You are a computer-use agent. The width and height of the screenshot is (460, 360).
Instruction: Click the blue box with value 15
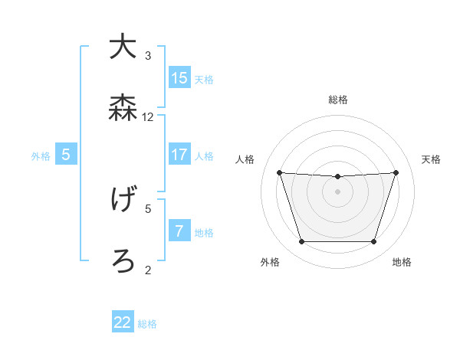(x=179, y=78)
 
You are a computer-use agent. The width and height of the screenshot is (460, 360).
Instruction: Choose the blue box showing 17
(x=179, y=155)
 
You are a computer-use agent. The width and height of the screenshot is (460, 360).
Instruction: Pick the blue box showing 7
(x=179, y=231)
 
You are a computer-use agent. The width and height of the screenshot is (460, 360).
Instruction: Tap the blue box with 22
(x=123, y=322)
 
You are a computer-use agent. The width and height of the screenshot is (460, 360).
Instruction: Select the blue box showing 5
(x=66, y=155)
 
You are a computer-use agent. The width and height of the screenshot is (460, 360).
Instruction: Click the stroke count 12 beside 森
(x=148, y=117)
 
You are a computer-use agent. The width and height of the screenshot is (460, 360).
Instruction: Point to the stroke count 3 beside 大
(x=148, y=56)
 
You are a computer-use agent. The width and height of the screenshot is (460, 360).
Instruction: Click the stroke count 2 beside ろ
(x=148, y=270)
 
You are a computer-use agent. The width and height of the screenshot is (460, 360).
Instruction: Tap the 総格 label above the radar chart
(x=337, y=100)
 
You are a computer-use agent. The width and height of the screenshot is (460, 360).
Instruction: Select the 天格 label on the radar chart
(x=431, y=159)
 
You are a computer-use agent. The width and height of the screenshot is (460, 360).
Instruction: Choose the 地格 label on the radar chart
(x=402, y=263)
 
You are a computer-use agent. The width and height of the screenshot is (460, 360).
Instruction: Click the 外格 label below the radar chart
(x=270, y=263)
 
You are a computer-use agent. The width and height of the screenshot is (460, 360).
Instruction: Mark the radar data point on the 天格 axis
(x=396, y=172)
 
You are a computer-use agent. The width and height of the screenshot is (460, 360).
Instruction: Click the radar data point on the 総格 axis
(x=337, y=177)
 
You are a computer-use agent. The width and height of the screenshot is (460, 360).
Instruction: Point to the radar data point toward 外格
(x=301, y=242)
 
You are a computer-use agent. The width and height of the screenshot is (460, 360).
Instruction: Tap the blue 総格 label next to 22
(x=147, y=324)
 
